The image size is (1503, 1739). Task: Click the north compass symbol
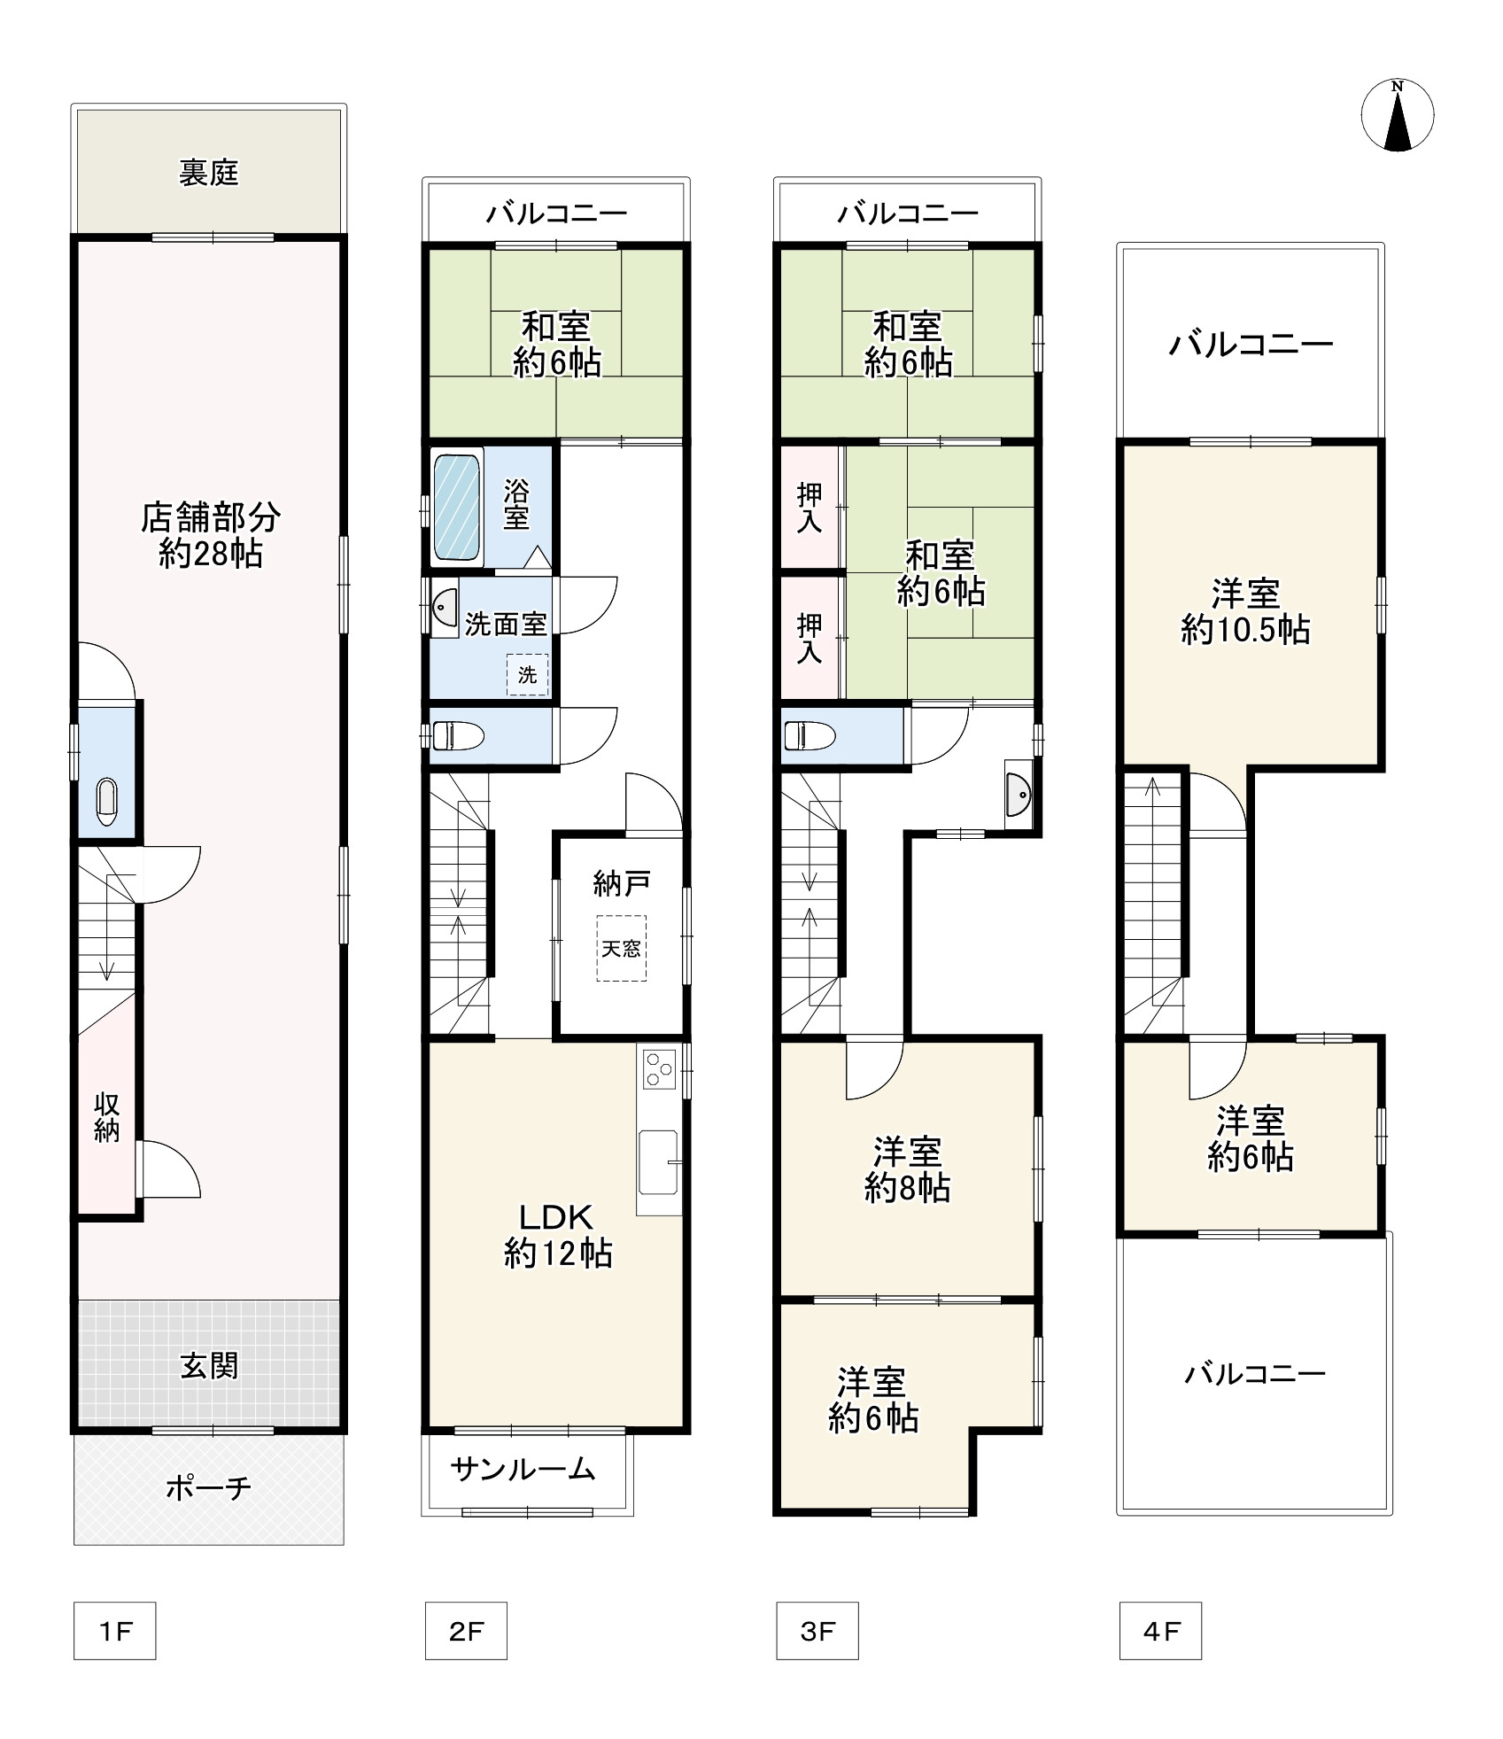1397,114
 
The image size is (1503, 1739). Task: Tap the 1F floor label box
114,1630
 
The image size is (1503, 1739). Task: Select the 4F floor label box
1160,1630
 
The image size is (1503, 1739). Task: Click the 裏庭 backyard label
209,173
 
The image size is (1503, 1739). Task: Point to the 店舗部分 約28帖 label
211,534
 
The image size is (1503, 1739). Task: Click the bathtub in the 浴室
457,507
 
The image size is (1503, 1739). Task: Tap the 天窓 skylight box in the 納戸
621,948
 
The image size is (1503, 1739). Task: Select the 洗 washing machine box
527,675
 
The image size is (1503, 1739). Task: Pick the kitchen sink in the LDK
658,1162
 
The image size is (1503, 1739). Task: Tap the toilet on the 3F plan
809,734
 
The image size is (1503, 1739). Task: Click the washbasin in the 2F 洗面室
444,607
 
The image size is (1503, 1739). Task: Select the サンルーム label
523,1471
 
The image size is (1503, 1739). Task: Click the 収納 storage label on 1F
106,1118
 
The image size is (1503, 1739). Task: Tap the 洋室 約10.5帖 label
1245,611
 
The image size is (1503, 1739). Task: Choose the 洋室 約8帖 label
907,1170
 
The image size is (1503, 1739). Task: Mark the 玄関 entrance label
210,1366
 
